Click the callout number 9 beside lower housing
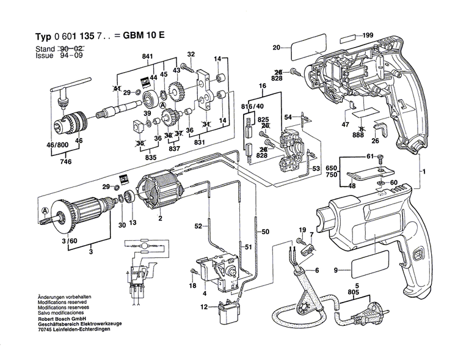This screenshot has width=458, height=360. click(x=335, y=270)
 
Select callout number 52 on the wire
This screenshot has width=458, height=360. click(x=197, y=227)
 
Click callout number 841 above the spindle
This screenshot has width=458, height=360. click(x=147, y=57)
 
